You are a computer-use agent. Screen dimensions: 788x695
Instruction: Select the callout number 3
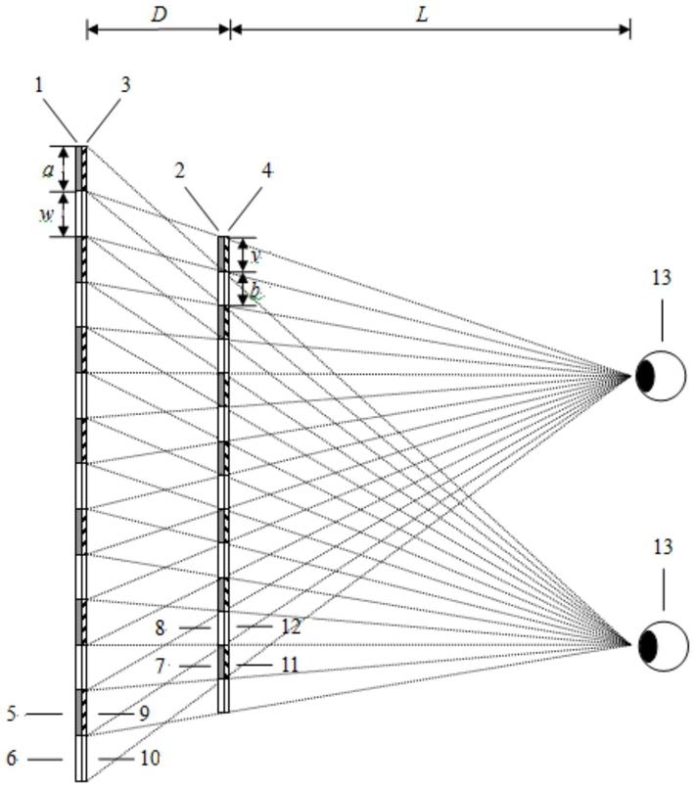click(x=125, y=86)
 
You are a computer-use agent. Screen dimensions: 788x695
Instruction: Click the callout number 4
click(x=267, y=169)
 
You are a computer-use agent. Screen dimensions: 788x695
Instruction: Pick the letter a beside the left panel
click(x=48, y=169)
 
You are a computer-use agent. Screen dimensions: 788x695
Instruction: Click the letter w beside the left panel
click(x=46, y=215)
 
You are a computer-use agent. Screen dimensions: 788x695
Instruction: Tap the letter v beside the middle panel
click(x=256, y=255)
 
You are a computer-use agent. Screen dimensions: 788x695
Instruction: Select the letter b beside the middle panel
click(x=255, y=290)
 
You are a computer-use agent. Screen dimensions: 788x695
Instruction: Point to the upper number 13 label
click(x=662, y=277)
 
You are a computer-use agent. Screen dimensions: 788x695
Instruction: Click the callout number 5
click(x=12, y=715)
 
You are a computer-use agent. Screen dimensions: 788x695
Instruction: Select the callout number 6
click(x=12, y=758)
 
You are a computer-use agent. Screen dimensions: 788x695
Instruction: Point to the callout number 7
click(x=162, y=665)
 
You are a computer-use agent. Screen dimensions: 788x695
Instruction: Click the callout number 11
click(x=290, y=665)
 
